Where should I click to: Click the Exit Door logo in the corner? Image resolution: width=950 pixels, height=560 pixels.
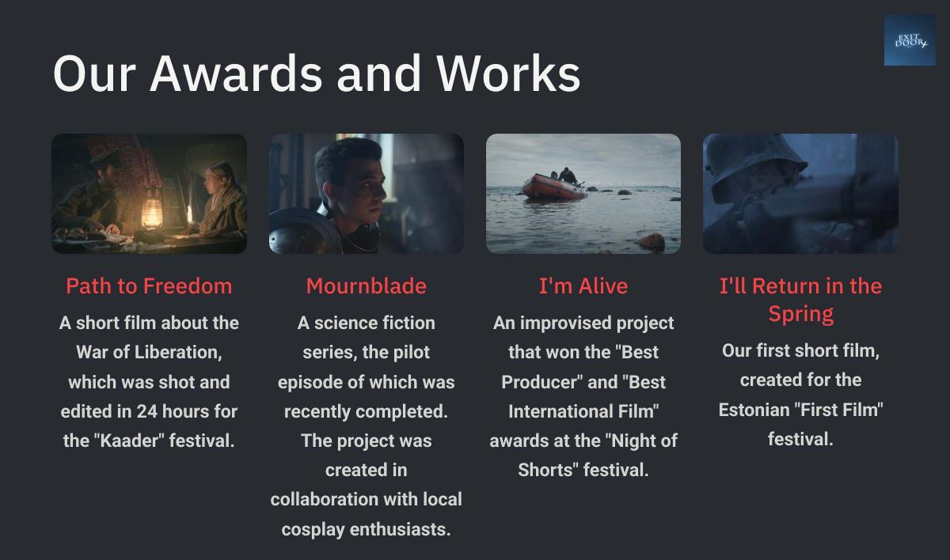tap(910, 40)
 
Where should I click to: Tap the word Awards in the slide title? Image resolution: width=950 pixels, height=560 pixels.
tap(236, 74)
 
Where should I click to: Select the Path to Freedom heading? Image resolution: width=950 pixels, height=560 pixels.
tap(149, 286)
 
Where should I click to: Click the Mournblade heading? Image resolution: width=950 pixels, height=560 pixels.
tap(366, 286)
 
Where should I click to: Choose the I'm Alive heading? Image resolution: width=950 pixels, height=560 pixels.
tap(583, 286)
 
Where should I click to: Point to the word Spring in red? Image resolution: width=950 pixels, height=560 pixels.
tap(800, 314)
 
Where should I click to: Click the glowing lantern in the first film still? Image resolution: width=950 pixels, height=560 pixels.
tap(152, 210)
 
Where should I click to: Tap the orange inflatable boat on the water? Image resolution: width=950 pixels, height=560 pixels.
tap(554, 187)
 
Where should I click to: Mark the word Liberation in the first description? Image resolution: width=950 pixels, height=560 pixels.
tap(178, 353)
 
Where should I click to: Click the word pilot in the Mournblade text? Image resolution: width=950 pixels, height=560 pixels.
tap(412, 353)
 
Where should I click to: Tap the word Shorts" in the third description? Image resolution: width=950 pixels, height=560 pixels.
tap(548, 470)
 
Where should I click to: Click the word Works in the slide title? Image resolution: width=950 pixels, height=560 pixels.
tap(508, 74)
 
